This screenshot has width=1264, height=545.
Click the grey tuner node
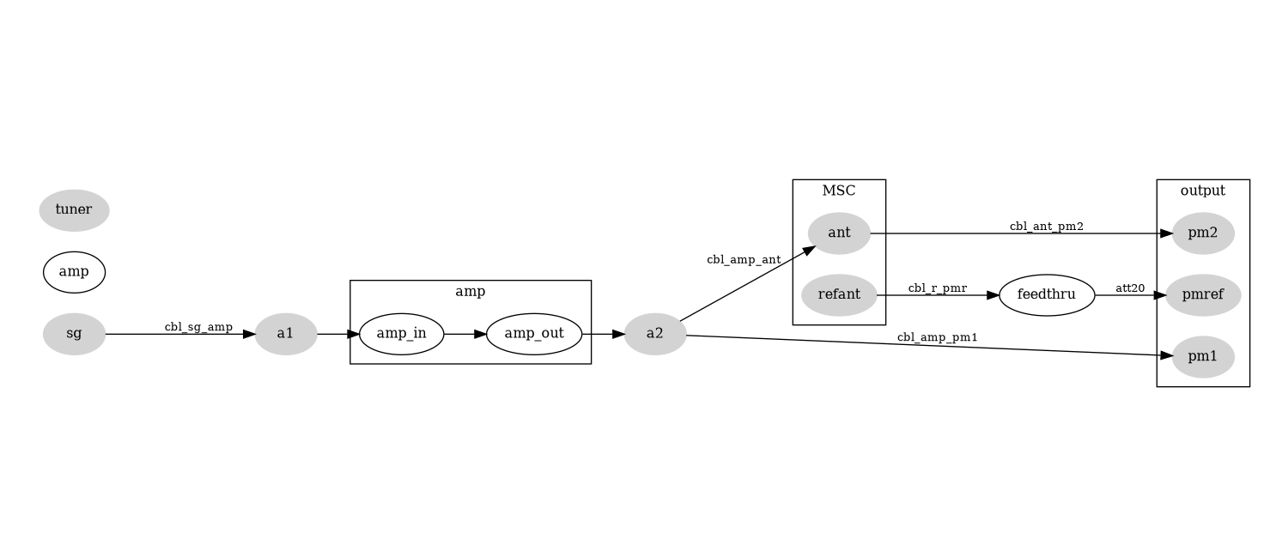[x=74, y=210]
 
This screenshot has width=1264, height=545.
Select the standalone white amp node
[x=74, y=272]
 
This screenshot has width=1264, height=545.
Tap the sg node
[x=74, y=334]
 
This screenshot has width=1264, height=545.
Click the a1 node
[x=286, y=334]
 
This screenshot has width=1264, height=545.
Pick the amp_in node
[x=401, y=334]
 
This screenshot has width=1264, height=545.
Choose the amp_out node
[x=534, y=334]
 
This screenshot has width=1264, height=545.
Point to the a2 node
[x=655, y=334]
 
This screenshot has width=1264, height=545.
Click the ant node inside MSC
[x=839, y=233]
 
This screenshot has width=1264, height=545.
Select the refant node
[x=839, y=295]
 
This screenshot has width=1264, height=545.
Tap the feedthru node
[x=1046, y=295]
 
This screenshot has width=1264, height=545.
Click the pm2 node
[x=1202, y=233]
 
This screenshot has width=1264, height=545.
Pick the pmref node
[x=1202, y=295]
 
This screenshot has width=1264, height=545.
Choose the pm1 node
[x=1202, y=357]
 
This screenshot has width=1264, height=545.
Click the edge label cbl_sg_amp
[x=198, y=327]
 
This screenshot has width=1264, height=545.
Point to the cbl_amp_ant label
[x=744, y=259]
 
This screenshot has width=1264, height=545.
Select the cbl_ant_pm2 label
[x=1046, y=227]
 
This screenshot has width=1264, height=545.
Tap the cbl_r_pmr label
[x=937, y=288]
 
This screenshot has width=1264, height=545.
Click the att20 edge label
[x=1130, y=288]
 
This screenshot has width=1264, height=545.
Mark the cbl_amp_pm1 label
[x=937, y=337]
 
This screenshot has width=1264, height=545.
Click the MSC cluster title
[x=839, y=191]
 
